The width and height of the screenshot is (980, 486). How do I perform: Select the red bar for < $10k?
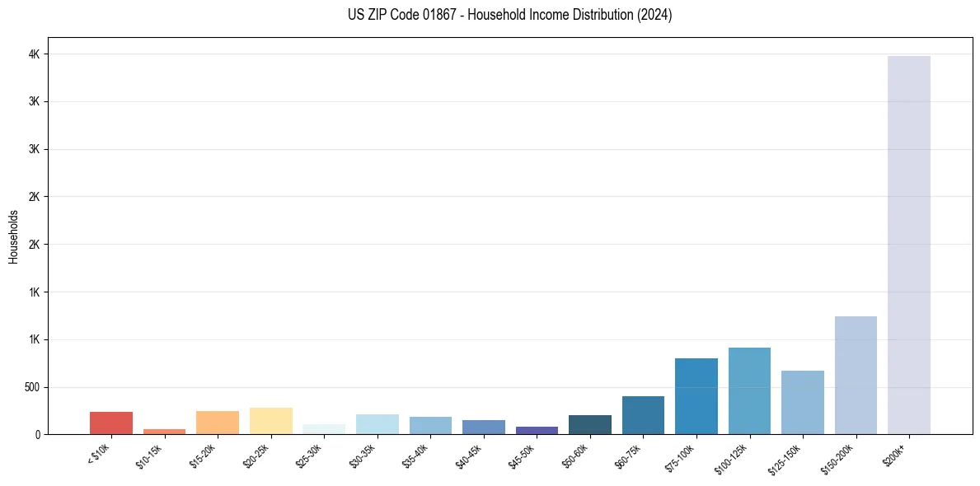point(111,423)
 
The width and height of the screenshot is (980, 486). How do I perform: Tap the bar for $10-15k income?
point(164,431)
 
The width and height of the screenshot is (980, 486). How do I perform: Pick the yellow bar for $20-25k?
point(270,421)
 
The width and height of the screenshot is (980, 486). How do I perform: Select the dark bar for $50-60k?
point(589,424)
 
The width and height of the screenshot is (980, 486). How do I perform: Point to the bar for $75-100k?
point(696,396)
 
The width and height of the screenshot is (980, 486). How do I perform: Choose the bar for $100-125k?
point(749,390)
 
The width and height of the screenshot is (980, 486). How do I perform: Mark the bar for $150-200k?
point(856,375)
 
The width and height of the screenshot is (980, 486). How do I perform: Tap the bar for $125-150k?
point(802,402)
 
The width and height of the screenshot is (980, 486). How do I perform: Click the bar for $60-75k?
point(643,415)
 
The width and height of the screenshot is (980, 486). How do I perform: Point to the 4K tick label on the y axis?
point(35,54)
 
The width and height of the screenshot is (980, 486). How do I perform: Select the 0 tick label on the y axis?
point(38,434)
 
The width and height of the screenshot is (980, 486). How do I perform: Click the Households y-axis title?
point(13,236)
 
